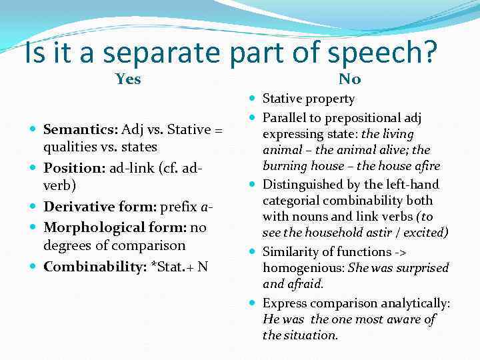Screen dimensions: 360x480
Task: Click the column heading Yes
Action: (128, 79)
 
